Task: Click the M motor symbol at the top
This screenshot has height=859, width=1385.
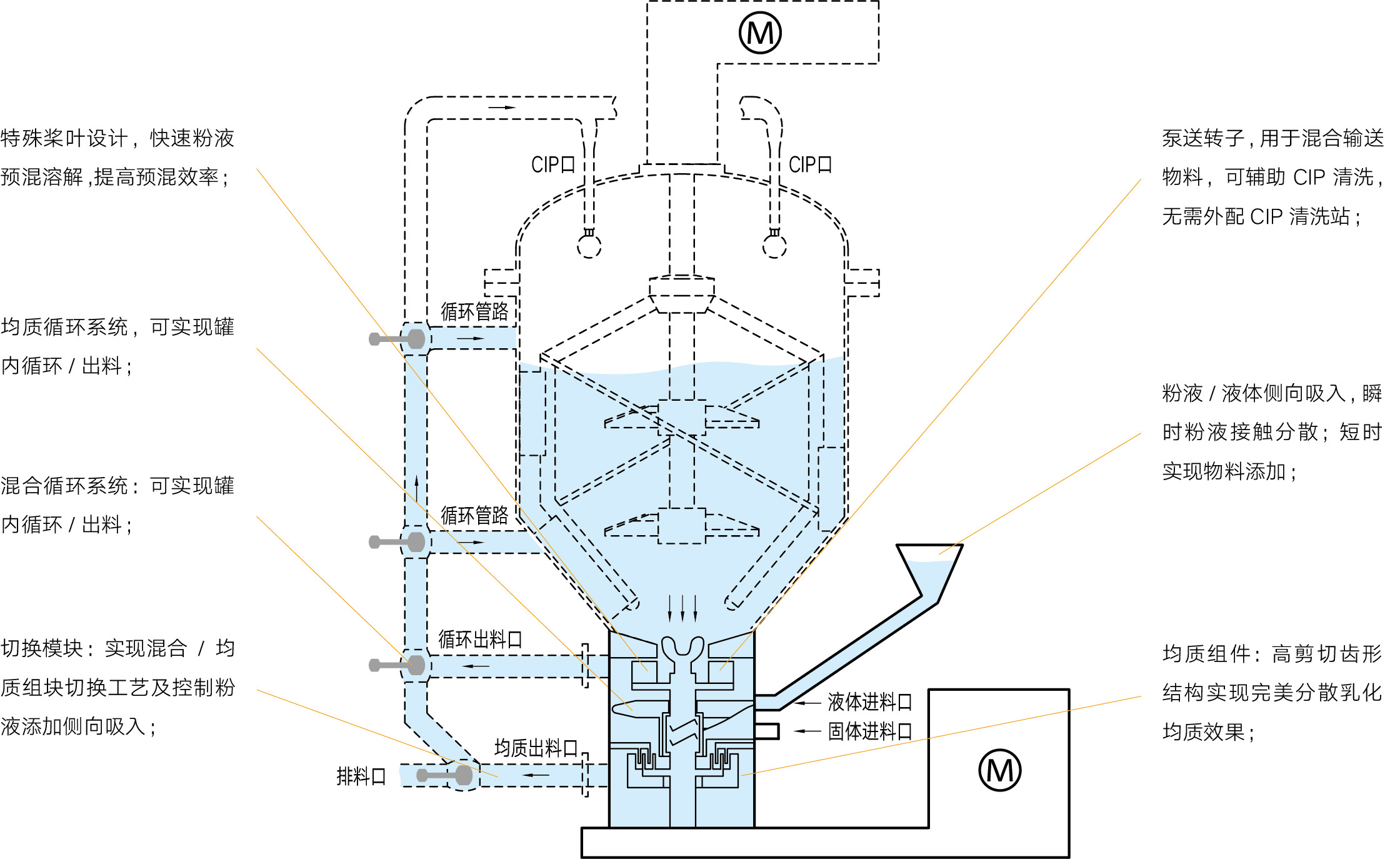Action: click(x=760, y=33)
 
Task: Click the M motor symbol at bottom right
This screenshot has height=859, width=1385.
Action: click(x=999, y=770)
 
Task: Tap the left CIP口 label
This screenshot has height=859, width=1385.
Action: click(x=552, y=164)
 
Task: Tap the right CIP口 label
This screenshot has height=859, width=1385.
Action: click(x=810, y=164)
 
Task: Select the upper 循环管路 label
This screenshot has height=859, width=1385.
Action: click(x=474, y=311)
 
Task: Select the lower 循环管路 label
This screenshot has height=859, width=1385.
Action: click(x=474, y=515)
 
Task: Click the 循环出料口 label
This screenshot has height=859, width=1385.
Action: click(x=480, y=639)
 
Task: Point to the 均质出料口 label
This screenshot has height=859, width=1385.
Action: click(x=536, y=748)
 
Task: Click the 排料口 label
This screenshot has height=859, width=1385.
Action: click(x=361, y=776)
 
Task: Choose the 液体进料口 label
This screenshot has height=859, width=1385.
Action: click(x=869, y=702)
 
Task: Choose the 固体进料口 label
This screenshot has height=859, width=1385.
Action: click(x=869, y=731)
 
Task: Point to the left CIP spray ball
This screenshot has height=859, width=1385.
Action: click(x=589, y=246)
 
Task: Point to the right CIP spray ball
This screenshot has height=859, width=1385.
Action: click(x=774, y=246)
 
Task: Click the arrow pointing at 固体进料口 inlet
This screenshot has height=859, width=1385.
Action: click(x=807, y=730)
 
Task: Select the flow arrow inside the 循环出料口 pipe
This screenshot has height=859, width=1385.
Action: click(x=475, y=666)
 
